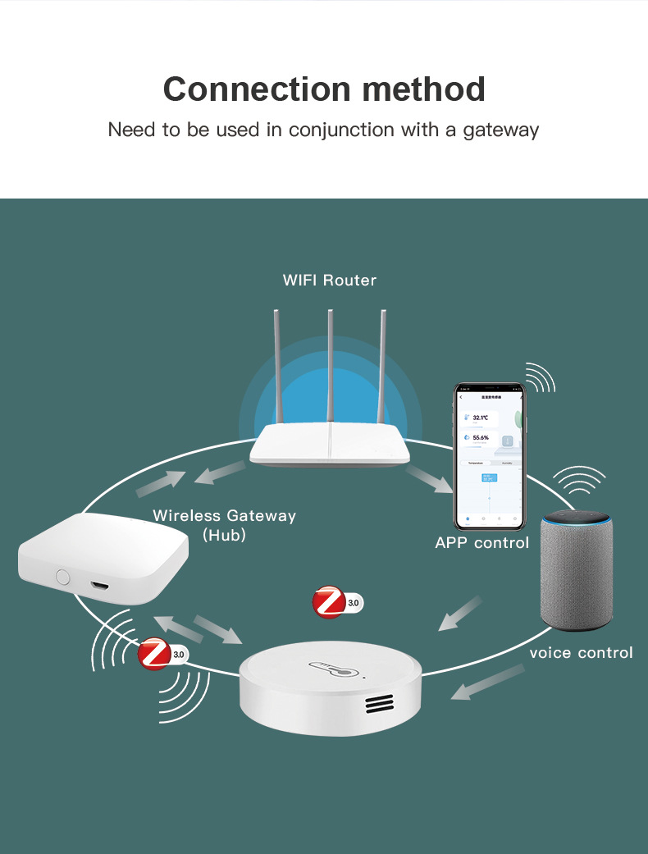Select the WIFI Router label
[x=330, y=281]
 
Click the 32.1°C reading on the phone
[x=480, y=418]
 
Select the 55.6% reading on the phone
[x=480, y=438]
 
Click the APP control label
[x=482, y=542]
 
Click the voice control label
[x=581, y=653]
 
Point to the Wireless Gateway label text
[x=224, y=516]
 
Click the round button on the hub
[x=63, y=576]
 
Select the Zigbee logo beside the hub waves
[x=154, y=654]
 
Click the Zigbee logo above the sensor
[x=330, y=602]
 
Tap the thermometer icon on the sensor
[x=334, y=671]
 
